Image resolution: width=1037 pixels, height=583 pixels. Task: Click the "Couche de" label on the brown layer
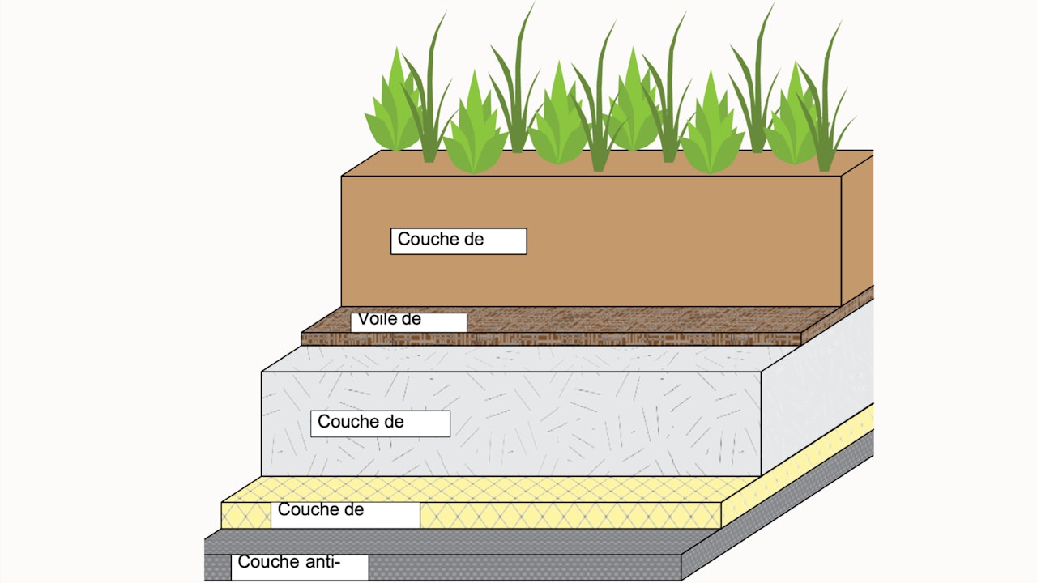458,240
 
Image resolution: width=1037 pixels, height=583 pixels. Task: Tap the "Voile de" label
408,321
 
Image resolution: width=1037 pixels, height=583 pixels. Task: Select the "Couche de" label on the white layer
380,423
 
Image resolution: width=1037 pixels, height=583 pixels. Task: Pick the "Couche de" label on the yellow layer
345,513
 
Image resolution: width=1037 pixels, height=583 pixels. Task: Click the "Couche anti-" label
300,566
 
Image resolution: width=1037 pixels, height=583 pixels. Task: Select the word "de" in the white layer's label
394,422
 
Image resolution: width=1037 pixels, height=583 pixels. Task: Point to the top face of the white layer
518,359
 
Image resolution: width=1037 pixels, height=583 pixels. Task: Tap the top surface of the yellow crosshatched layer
486,489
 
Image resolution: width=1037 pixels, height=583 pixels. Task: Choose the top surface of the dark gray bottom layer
454,542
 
